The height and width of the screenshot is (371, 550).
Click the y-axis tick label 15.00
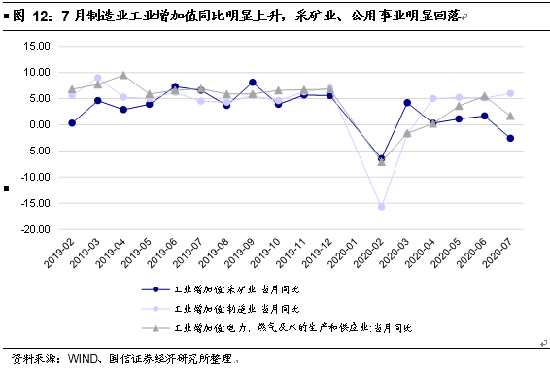(x=36, y=46)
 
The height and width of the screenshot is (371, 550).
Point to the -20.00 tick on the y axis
(x=34, y=229)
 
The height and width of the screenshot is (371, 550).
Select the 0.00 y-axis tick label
(x=40, y=124)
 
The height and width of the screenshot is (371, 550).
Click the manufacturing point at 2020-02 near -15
(x=381, y=206)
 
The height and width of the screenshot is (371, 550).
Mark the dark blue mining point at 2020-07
(x=510, y=138)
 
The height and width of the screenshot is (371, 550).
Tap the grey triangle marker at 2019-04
(x=123, y=75)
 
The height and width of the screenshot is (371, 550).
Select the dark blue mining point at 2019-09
(x=253, y=83)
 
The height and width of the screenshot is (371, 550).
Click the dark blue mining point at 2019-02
(x=72, y=123)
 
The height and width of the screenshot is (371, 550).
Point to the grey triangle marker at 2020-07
(x=510, y=116)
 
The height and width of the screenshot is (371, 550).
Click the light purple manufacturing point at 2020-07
(x=510, y=93)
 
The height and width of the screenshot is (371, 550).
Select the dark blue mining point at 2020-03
(x=407, y=102)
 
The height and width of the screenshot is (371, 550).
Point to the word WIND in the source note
(x=86, y=359)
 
